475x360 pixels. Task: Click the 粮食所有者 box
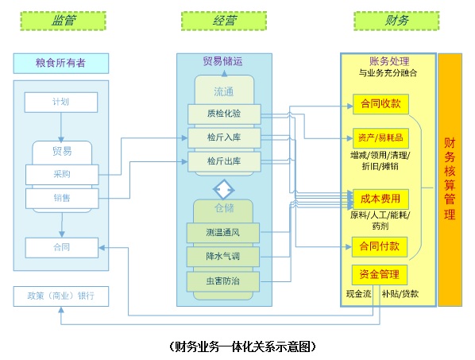61,63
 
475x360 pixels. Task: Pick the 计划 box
61,102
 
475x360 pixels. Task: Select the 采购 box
61,173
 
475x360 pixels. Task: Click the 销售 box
61,197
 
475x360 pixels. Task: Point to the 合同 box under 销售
61,247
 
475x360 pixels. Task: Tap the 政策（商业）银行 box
61,296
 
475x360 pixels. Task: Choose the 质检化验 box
224,114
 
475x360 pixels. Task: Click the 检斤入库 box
224,137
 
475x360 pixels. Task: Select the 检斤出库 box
224,161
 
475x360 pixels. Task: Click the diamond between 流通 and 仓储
224,189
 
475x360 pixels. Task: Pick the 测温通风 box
224,233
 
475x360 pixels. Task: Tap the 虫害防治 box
224,281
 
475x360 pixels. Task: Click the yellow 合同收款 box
380,103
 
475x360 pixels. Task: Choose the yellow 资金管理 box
380,275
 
